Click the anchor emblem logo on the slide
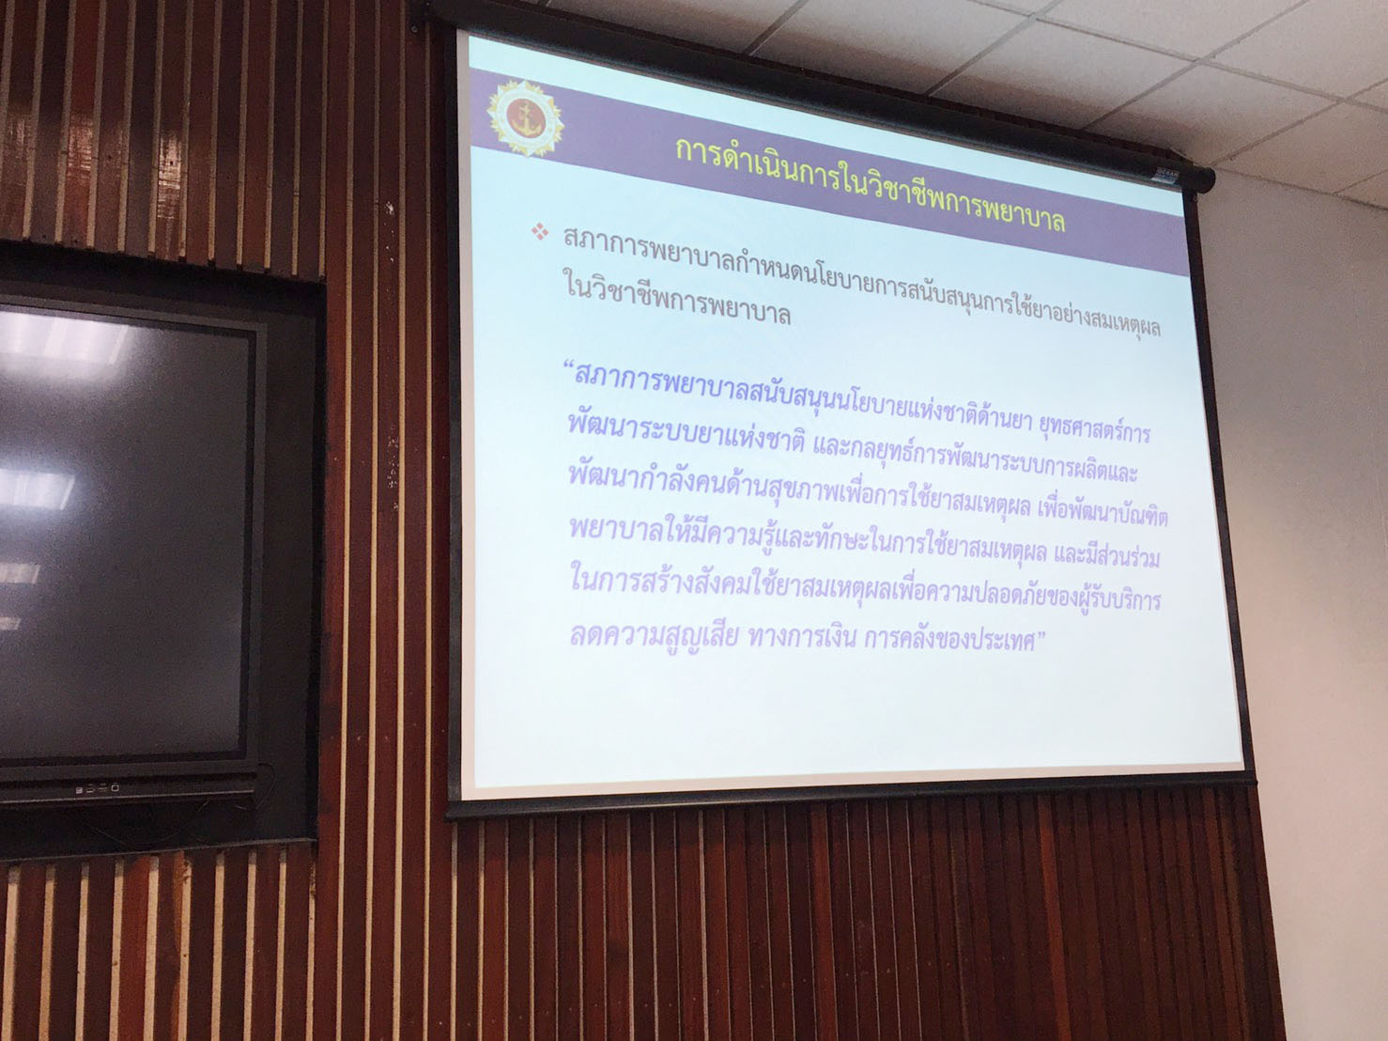[525, 117]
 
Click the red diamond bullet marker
[539, 231]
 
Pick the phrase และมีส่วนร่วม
[1106, 556]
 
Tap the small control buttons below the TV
[97, 789]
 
